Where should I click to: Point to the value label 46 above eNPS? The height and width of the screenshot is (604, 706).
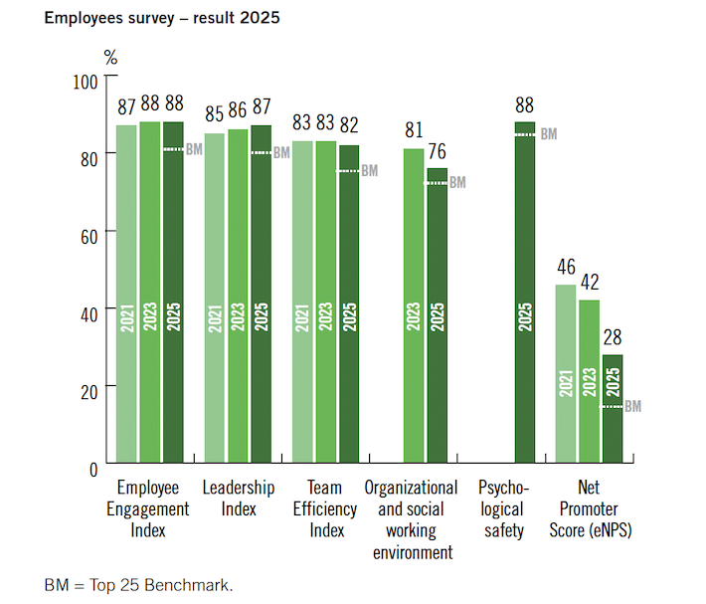[566, 268]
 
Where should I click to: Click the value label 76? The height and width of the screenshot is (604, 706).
[438, 151]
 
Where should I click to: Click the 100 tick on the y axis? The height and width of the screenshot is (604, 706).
[88, 79]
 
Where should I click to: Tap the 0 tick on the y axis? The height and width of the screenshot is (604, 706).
[95, 467]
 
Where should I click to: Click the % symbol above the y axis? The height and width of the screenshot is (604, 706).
[110, 58]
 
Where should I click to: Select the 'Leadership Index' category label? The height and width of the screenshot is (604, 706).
[239, 499]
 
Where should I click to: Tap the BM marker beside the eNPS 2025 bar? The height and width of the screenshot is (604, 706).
[632, 407]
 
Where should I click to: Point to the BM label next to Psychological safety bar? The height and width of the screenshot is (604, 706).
[548, 134]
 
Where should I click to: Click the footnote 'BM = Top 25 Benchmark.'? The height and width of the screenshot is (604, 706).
[139, 583]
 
